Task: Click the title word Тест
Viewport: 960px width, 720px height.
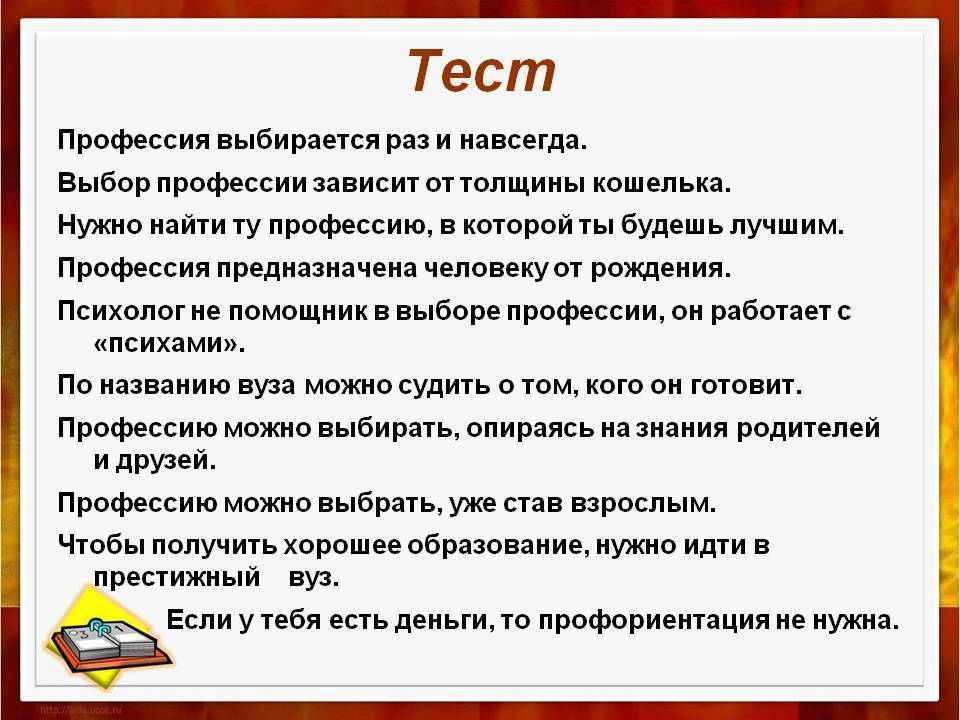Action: click(482, 72)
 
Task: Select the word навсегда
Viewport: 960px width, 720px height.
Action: click(523, 141)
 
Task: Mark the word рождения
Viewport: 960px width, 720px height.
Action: click(661, 268)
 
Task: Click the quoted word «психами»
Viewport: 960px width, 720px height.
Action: click(169, 344)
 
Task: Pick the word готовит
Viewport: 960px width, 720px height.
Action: click(746, 385)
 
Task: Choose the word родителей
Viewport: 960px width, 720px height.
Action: click(808, 428)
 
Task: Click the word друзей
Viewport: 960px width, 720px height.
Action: click(165, 460)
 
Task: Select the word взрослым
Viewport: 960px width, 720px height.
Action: click(643, 503)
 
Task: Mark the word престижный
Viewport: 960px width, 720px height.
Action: click(177, 577)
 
